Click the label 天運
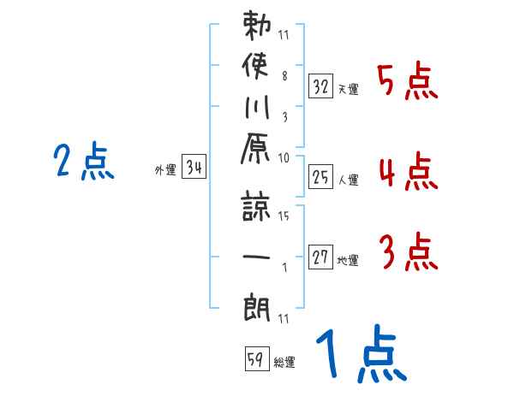[348, 89]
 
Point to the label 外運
[165, 170]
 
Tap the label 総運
[284, 363]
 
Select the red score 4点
[408, 172]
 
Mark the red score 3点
[408, 252]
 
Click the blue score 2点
[83, 161]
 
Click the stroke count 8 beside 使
[284, 74]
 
